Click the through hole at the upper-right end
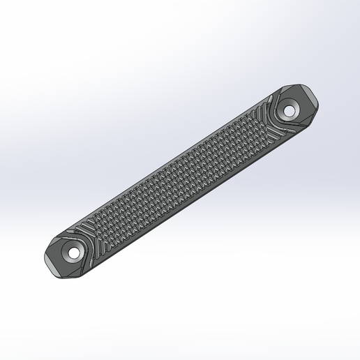tap(288, 110)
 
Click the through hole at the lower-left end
tap(70, 252)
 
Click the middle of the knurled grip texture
tap(180, 180)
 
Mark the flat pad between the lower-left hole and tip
tap(57, 260)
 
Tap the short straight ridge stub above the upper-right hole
tap(278, 98)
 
